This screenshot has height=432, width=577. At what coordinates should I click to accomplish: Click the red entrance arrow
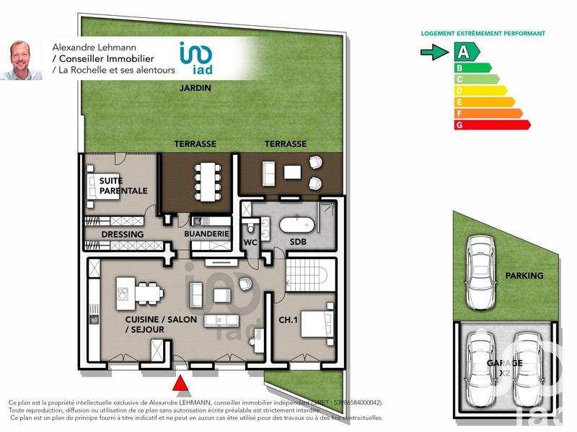(x=182, y=384)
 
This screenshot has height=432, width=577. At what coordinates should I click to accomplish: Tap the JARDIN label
(x=195, y=89)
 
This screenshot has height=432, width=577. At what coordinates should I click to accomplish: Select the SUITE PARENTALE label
(x=123, y=186)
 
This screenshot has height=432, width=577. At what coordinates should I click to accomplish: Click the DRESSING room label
(x=123, y=234)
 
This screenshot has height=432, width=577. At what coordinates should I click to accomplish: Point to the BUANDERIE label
(x=206, y=234)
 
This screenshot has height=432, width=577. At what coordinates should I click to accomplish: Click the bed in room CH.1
(x=316, y=326)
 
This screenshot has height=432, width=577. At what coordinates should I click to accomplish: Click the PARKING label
(x=524, y=276)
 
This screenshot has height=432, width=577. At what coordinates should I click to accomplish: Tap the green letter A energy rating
(x=465, y=52)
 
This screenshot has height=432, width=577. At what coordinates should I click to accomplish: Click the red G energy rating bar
(x=490, y=125)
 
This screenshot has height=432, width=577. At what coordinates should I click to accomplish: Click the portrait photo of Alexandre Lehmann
(x=21, y=59)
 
